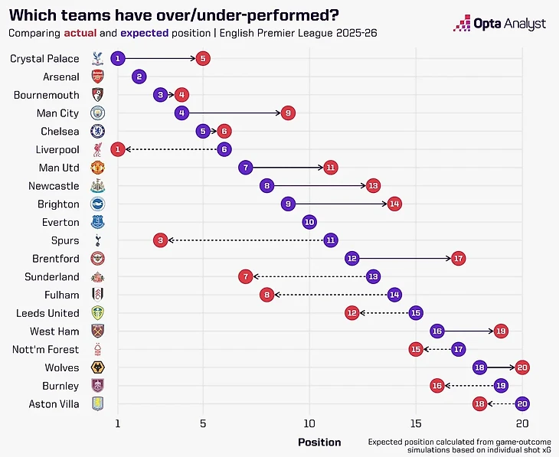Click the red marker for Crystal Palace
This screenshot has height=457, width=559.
202,58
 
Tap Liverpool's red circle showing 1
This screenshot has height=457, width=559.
117,149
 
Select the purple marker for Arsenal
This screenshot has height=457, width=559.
139,77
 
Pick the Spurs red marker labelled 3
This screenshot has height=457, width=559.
160,240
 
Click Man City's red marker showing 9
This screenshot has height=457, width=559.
288,113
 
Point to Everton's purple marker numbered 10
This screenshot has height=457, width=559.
309,222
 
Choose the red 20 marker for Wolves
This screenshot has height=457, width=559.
522,367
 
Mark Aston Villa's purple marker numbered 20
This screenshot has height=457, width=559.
522,403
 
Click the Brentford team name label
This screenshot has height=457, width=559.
55,259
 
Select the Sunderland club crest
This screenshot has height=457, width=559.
97,277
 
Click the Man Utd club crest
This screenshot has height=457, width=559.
97,168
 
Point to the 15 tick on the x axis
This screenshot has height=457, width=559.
416,424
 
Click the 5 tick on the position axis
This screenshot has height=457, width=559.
202,424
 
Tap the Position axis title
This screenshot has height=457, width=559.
319,442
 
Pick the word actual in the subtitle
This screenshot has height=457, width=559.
80,34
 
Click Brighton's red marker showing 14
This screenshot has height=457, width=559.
394,204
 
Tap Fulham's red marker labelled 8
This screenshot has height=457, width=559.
266,295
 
